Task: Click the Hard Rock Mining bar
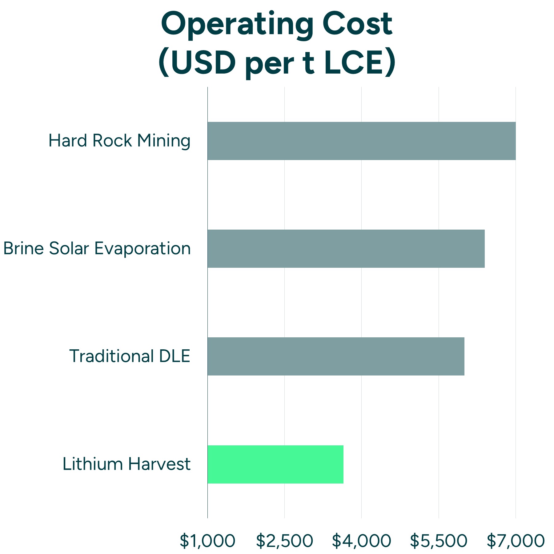tap(361, 141)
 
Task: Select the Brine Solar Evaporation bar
tap(346, 249)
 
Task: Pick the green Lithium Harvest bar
tap(275, 464)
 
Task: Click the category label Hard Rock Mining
tap(119, 141)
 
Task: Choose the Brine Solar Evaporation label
tap(97, 249)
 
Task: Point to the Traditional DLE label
tap(130, 356)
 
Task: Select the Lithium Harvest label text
tap(126, 464)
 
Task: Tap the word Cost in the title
tap(357, 24)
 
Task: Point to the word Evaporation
tap(143, 249)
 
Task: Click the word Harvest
tap(159, 464)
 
